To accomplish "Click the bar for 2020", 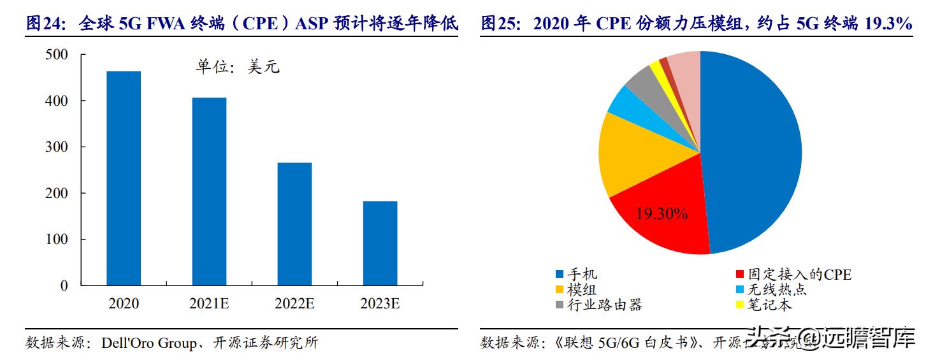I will click(124, 178).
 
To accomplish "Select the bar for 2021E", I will click(209, 191).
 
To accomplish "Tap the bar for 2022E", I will click(294, 224).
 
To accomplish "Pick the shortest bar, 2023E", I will click(380, 243).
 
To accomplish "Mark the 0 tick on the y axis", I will click(64, 285).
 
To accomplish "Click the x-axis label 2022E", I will click(294, 304).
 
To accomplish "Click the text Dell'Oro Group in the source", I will click(149, 343).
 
